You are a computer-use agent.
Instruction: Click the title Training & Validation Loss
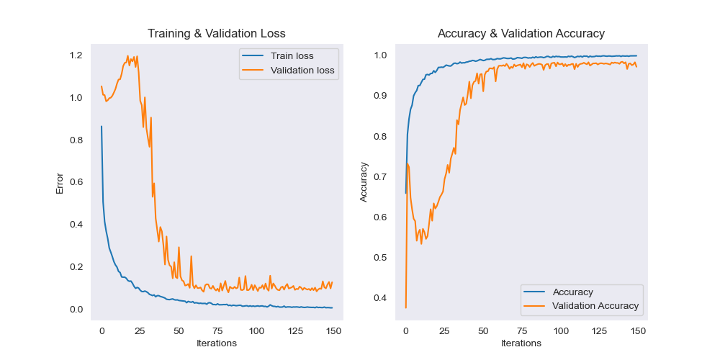216,34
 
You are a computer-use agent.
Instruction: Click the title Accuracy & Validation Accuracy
521,34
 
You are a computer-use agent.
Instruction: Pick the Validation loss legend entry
302,70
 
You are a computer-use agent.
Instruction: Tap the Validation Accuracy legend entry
595,305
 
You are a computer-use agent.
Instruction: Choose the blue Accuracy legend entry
572,292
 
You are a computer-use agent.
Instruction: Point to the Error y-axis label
60,184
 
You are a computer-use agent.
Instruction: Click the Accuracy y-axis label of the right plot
364,181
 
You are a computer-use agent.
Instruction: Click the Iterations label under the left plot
216,343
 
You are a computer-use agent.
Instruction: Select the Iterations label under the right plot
521,343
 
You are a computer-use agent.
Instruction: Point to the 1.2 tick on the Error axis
76,55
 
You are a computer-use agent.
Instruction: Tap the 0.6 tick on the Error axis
76,182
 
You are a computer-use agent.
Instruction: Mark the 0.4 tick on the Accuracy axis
381,298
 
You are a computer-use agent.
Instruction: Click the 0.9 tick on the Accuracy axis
381,96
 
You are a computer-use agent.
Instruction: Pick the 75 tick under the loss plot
217,330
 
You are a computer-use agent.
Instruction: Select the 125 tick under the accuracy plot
599,330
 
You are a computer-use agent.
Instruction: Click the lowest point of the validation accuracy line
405,307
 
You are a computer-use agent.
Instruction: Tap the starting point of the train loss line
102,127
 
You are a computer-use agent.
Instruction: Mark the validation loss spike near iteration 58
192,256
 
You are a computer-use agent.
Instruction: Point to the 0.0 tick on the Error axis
76,310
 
